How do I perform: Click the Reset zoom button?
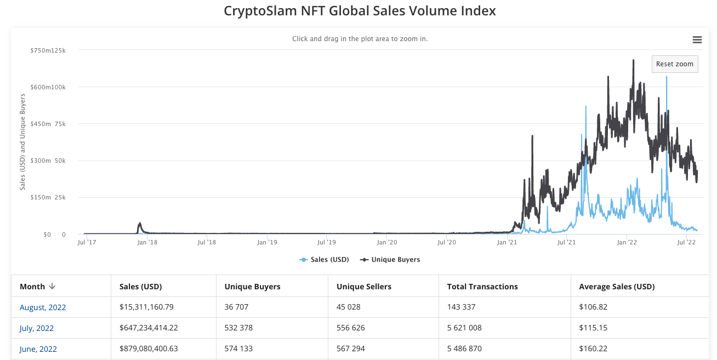click(x=675, y=64)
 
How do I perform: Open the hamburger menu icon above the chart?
click(x=697, y=39)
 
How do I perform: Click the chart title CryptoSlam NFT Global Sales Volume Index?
click(x=360, y=11)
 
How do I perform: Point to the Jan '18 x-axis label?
click(x=146, y=242)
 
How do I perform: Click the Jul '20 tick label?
click(x=447, y=242)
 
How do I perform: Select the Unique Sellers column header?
click(x=364, y=287)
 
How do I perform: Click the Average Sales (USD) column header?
click(x=617, y=287)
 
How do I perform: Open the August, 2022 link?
click(x=43, y=307)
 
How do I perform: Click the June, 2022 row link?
click(x=38, y=349)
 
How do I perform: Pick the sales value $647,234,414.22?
click(x=149, y=328)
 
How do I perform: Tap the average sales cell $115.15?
click(x=592, y=328)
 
